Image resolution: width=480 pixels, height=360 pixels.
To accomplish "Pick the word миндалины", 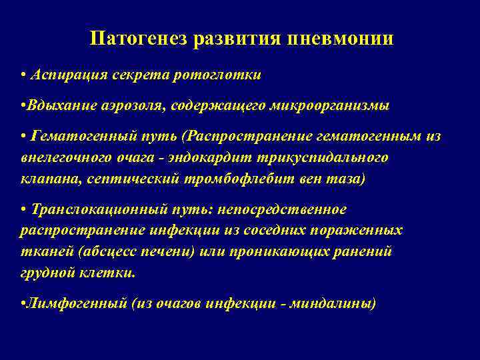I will (338, 303).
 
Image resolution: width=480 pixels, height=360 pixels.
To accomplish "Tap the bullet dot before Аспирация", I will (23, 75).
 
